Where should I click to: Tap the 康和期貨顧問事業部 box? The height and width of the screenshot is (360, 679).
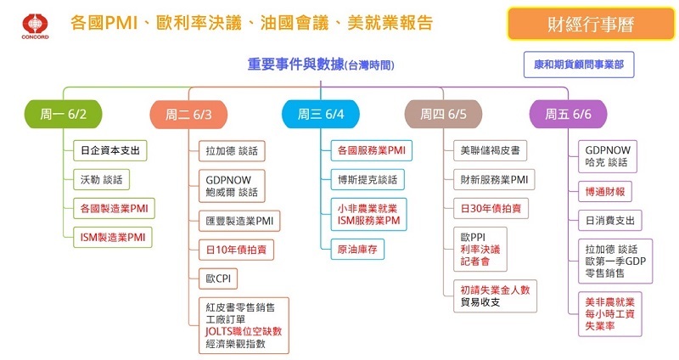click(578, 65)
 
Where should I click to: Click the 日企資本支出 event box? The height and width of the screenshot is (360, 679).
click(109, 151)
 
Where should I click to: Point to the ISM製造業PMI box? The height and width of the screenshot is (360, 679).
click(112, 237)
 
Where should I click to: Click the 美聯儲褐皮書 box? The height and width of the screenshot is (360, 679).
click(490, 151)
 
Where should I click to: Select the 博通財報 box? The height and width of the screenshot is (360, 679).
click(603, 191)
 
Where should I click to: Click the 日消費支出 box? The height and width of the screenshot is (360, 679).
click(609, 219)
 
